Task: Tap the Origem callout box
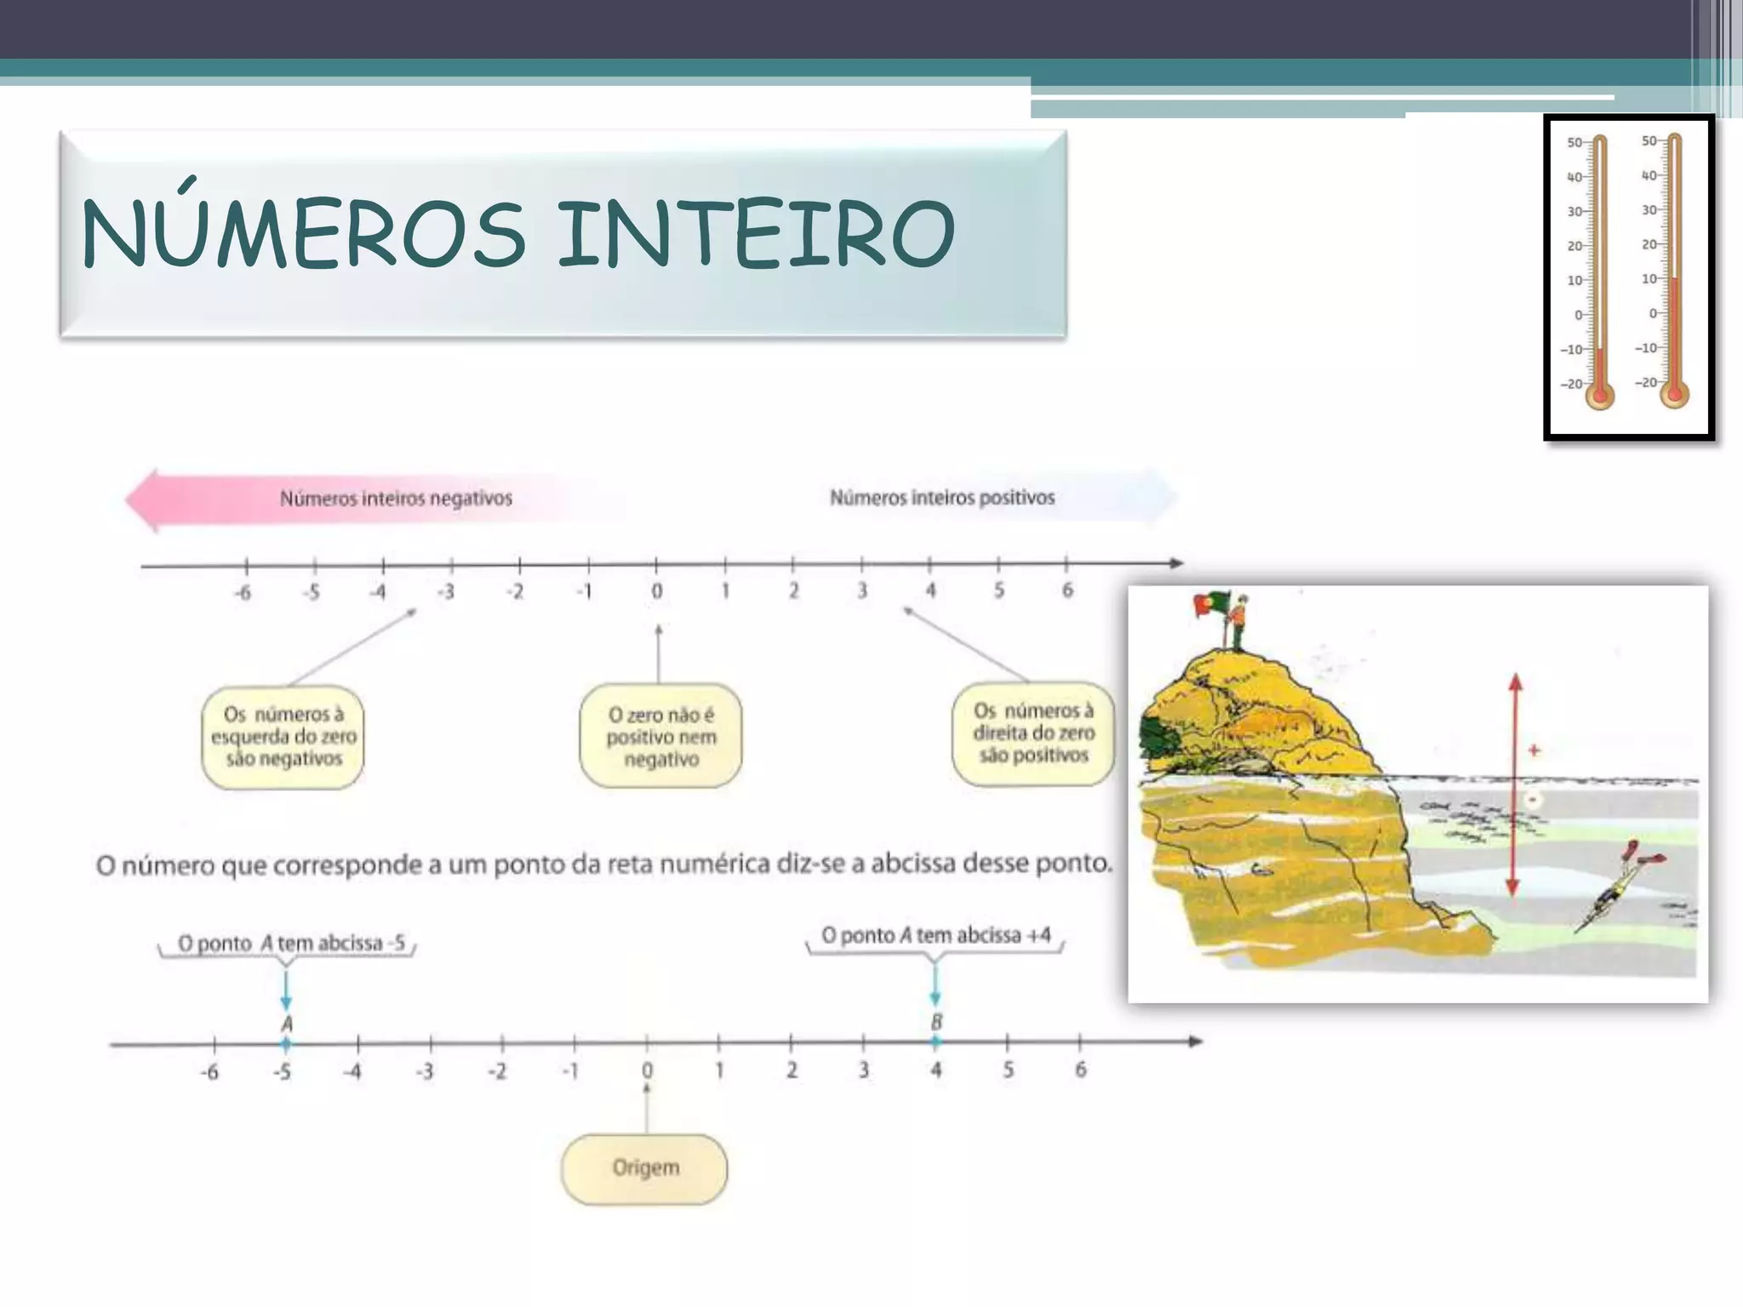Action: click(645, 1167)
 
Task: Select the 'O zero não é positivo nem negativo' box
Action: click(660, 737)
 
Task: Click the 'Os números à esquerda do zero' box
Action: click(283, 737)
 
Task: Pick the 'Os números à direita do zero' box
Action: click(1032, 733)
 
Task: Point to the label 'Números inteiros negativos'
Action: click(396, 499)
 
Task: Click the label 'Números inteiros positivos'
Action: click(942, 498)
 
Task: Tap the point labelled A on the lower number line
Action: click(286, 1043)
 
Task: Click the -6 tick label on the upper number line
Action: click(243, 592)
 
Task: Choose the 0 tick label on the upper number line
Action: click(656, 591)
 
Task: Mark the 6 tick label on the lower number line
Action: click(1080, 1070)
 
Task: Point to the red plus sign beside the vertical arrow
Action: click(1534, 751)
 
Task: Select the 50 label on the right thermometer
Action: click(1649, 140)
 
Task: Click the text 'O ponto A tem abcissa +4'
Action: click(935, 935)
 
